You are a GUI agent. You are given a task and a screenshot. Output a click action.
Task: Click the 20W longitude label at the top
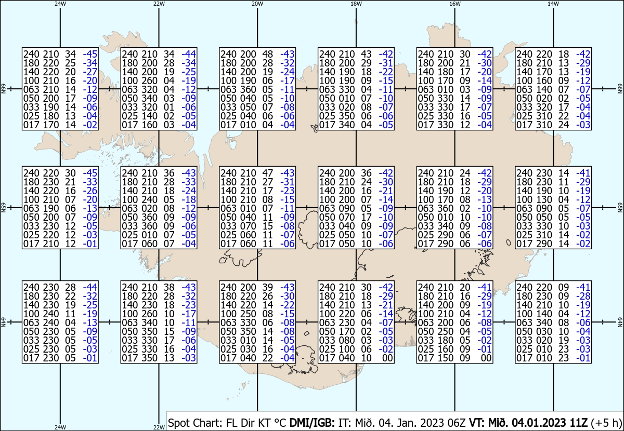pos(257,4)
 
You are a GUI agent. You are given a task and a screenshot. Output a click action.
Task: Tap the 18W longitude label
pos(356,4)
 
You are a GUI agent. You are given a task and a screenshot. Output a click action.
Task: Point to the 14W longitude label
pos(553,4)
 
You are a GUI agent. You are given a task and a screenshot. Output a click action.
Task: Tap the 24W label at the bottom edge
pos(60,427)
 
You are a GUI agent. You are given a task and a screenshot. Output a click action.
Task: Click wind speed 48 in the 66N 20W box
pos(268,54)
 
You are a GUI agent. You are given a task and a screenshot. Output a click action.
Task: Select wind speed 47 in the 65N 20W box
pos(268,173)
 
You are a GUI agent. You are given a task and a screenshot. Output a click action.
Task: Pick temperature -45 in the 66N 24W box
pos(90,54)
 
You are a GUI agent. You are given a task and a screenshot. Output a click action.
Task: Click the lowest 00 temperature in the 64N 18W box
pos(387,358)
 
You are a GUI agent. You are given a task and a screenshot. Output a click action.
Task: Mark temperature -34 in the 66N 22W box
pos(188,63)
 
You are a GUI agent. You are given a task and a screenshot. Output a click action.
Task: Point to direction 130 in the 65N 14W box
pos(545,199)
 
